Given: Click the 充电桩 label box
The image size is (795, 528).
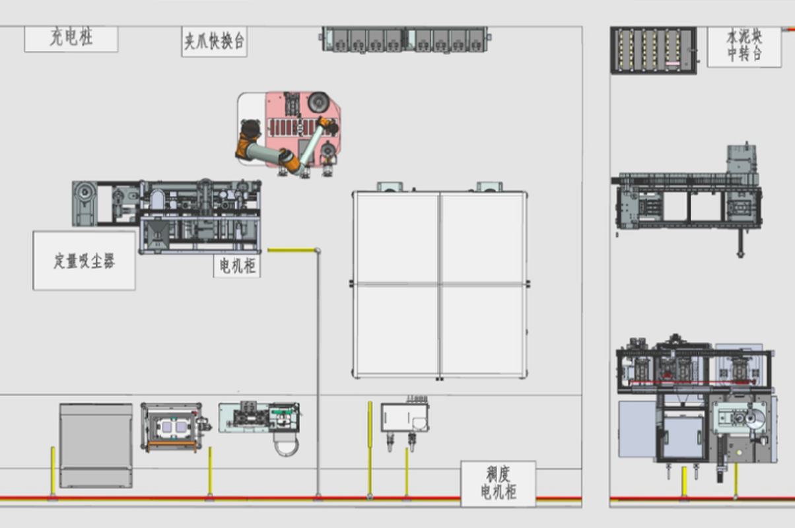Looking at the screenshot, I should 71,39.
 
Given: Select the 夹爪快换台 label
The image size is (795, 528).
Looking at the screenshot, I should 214,42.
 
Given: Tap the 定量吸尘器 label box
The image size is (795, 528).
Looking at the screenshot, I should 84,261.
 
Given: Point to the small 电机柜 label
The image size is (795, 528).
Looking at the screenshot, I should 236,266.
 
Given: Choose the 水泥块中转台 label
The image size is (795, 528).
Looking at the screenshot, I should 744,46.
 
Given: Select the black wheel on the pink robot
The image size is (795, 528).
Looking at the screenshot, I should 318,102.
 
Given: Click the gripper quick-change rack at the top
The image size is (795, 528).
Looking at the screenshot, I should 404,39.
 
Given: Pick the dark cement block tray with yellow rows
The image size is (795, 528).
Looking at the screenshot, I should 653,49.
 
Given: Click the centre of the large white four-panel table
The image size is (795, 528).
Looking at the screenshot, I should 440,284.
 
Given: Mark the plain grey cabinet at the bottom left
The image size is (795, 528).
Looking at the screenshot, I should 96,445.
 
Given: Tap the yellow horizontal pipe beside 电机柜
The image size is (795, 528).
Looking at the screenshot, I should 291,250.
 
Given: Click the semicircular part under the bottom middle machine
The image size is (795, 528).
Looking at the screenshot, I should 288,446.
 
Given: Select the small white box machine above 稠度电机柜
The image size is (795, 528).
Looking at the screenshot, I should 404,418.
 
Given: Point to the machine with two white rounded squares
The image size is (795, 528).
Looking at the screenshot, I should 171,428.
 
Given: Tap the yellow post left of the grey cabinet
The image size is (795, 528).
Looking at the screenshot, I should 53,470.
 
